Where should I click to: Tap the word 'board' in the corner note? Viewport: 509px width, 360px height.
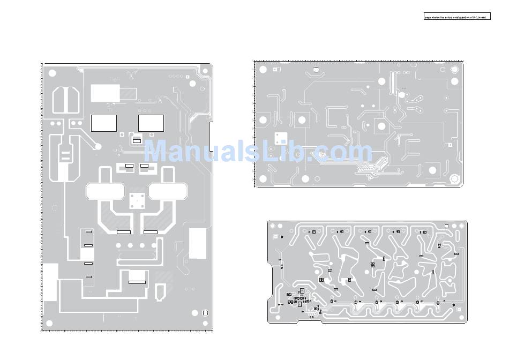pyautogui.click(x=481, y=17)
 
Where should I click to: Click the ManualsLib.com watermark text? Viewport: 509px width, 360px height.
pyautogui.click(x=258, y=152)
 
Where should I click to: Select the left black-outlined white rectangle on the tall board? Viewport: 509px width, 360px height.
pyautogui.click(x=104, y=123)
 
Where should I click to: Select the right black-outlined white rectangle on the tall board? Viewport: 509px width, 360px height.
pyautogui.click(x=151, y=123)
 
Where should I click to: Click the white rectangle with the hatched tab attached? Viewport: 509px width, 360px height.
pyautogui.click(x=104, y=93)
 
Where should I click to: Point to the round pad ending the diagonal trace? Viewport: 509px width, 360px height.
pyautogui.click(x=98, y=146)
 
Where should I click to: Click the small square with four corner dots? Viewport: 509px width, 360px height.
pyautogui.click(x=138, y=201)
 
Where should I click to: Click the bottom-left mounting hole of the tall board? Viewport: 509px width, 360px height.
pyautogui.click(x=49, y=323)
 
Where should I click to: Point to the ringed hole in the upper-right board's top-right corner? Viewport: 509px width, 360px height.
pyautogui.click(x=455, y=69)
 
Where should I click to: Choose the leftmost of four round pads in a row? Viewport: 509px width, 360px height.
pyautogui.click(x=118, y=245)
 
